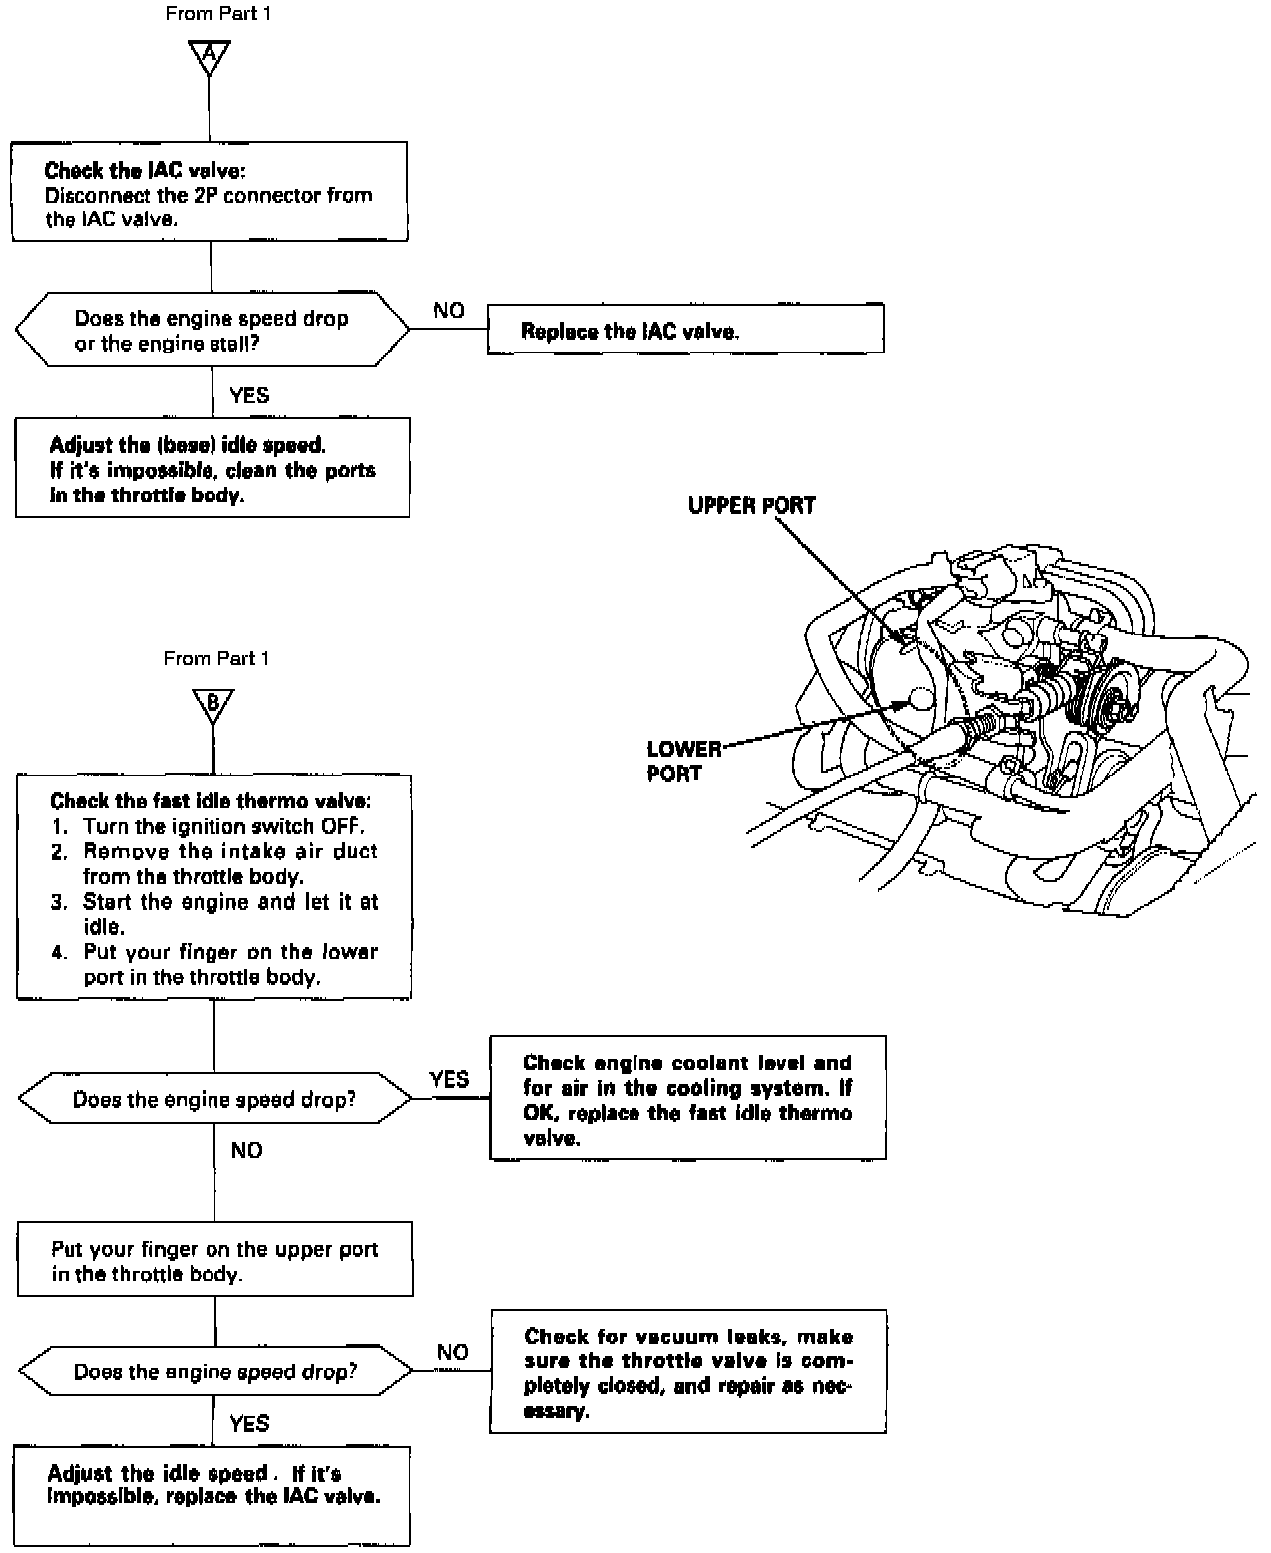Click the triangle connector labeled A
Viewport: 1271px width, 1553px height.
click(209, 57)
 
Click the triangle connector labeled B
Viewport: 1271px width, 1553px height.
click(212, 704)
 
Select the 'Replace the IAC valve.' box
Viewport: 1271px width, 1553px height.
click(684, 329)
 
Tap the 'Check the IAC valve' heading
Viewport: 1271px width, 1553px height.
click(138, 171)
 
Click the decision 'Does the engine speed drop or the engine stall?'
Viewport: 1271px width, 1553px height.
click(212, 331)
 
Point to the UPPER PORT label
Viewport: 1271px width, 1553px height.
click(752, 505)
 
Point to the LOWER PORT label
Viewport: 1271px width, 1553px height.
click(683, 761)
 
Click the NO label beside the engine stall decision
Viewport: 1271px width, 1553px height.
click(449, 310)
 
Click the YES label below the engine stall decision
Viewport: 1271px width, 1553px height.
click(249, 395)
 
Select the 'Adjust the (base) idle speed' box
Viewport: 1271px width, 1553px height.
click(212, 469)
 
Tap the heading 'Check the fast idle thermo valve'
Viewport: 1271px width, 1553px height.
click(211, 800)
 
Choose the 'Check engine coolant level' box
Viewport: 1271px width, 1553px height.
click(687, 1097)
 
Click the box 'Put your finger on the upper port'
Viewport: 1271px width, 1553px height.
click(214, 1259)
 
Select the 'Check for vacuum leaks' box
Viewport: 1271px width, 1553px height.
click(687, 1371)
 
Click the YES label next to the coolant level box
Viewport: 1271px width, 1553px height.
click(449, 1079)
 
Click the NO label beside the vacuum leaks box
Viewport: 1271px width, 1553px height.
click(452, 1351)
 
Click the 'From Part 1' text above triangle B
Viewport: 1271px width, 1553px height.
click(216, 658)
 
